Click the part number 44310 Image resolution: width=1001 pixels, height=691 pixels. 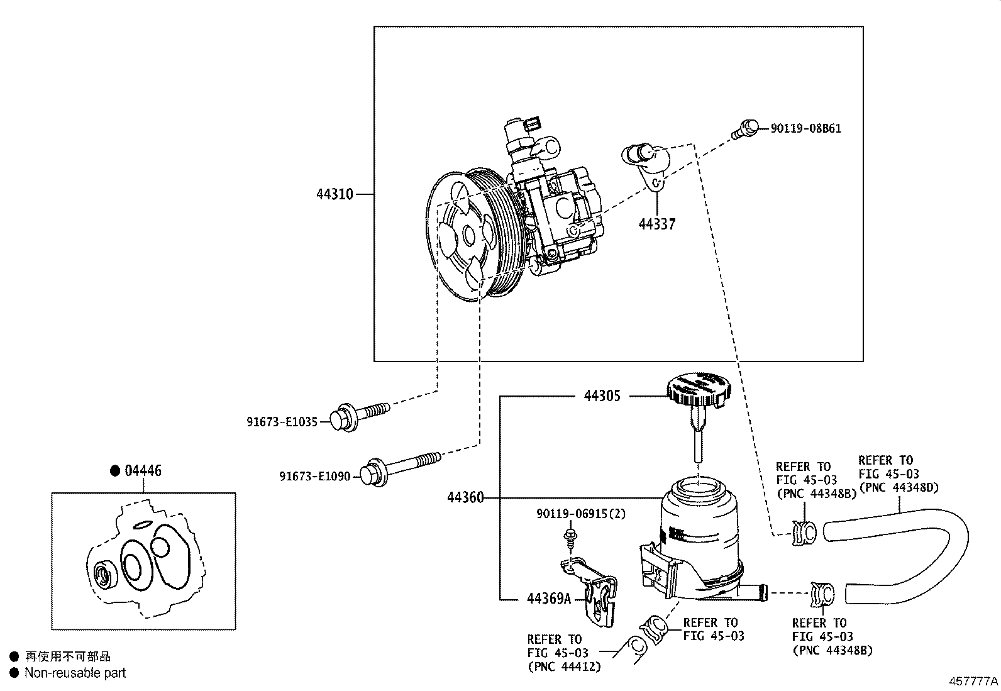coord(335,194)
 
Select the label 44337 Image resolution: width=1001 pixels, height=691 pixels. coord(657,224)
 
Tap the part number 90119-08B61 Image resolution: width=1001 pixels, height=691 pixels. coord(806,128)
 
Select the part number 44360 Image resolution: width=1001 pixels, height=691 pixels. coord(465,497)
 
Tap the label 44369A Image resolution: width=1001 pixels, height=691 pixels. coord(549,599)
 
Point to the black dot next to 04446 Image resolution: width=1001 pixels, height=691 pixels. coord(114,471)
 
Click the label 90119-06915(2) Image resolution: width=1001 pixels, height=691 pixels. coord(581,514)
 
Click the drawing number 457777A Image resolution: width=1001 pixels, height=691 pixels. coord(973,681)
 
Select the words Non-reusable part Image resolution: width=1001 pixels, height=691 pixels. coord(75,673)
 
